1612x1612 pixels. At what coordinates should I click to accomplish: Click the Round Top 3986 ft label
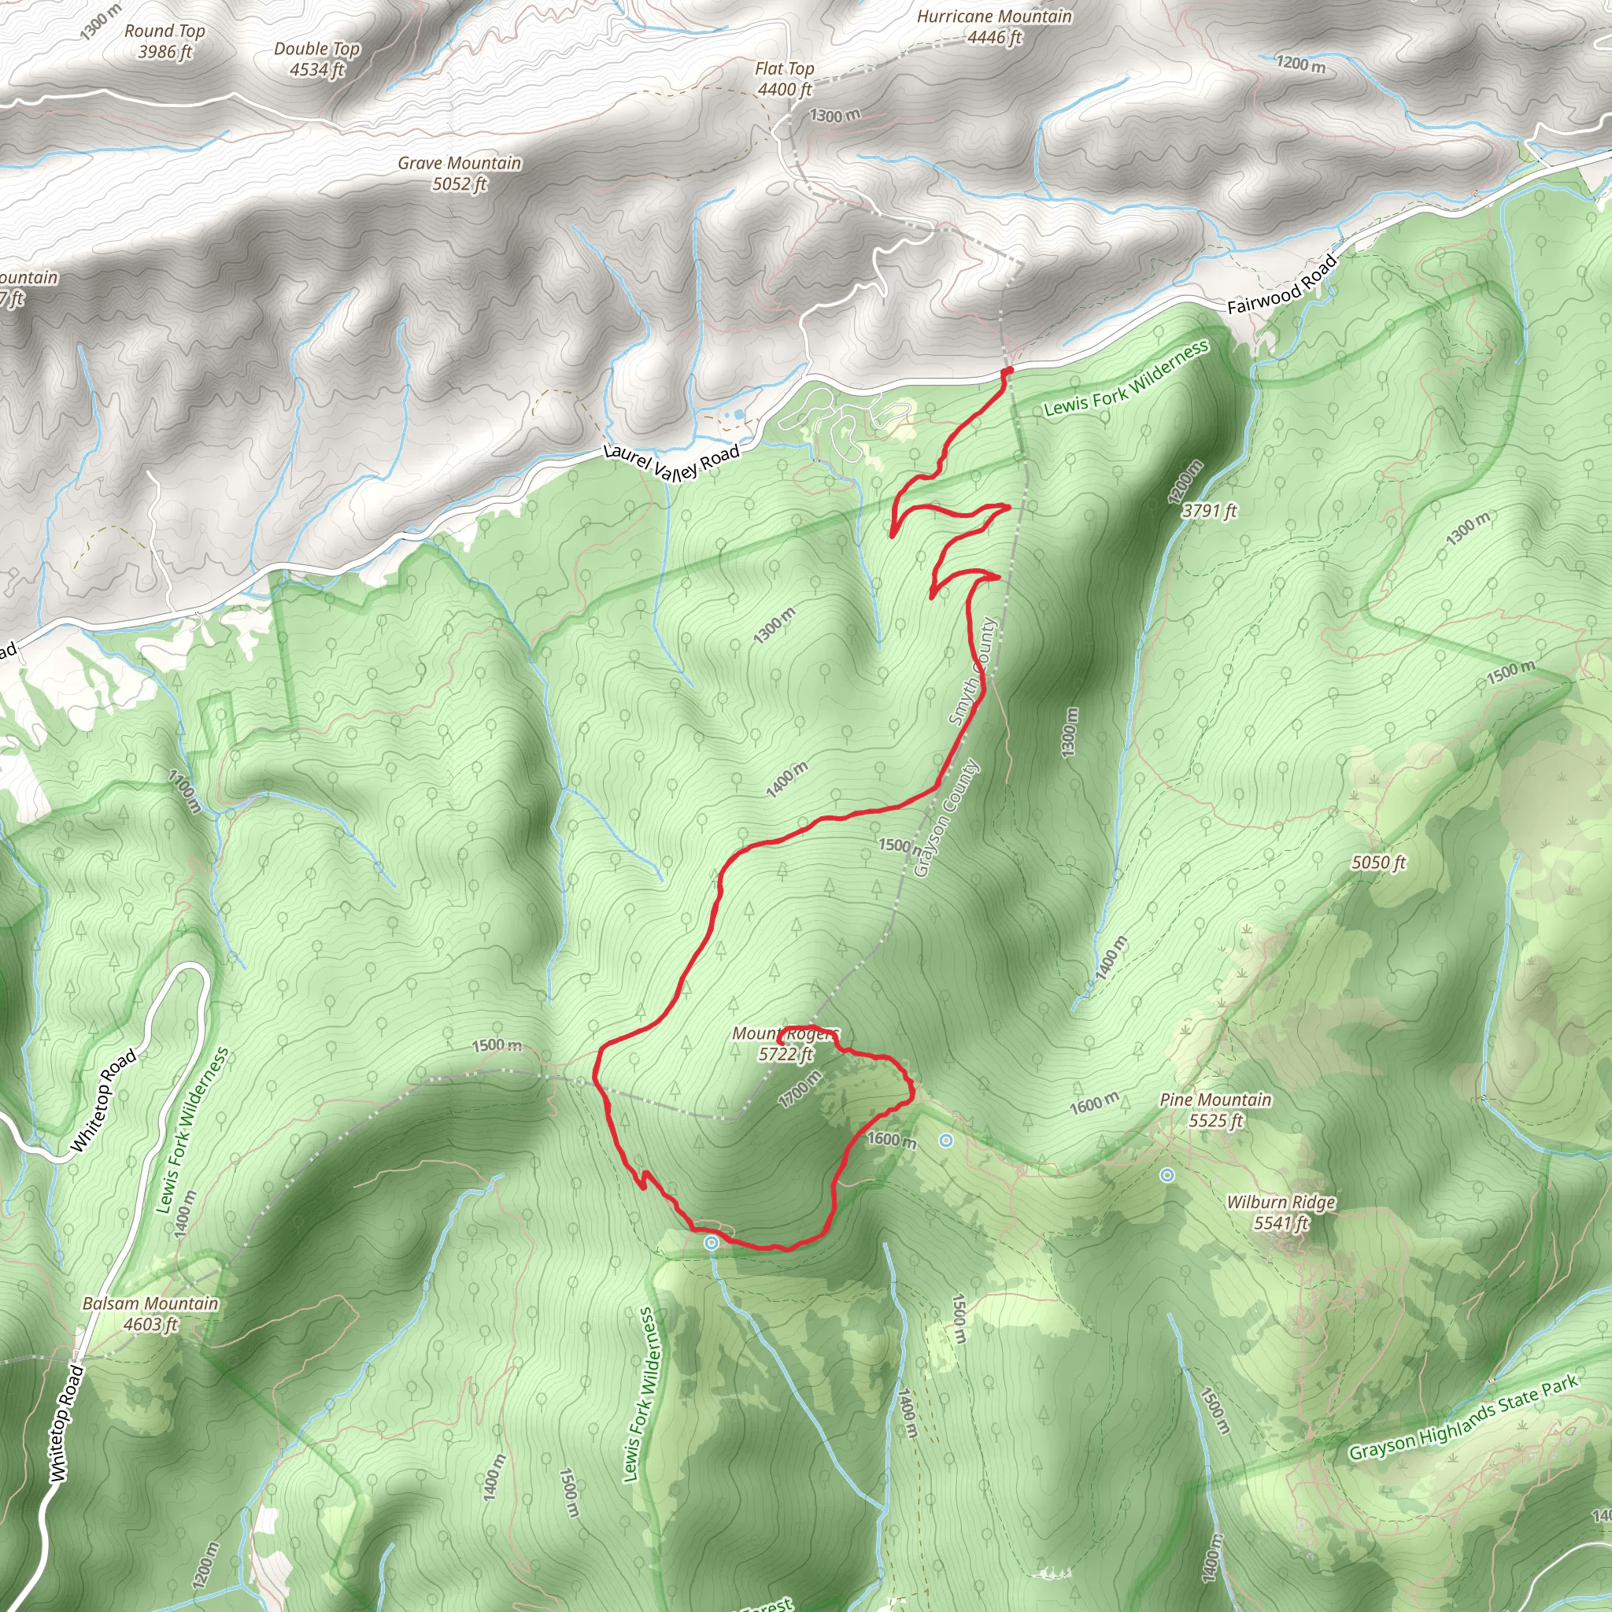(x=165, y=42)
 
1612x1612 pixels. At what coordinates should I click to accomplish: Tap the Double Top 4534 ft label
(x=317, y=59)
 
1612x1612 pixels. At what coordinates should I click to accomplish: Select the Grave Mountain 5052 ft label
(x=459, y=173)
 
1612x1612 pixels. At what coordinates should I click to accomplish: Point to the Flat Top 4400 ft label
(x=784, y=79)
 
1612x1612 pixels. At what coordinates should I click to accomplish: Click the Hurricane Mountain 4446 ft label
(x=995, y=27)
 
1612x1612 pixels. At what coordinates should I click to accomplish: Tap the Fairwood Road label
(x=1281, y=284)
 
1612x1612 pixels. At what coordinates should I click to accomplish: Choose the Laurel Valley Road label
(x=671, y=461)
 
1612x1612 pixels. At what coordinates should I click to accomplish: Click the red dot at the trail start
(x=1007, y=371)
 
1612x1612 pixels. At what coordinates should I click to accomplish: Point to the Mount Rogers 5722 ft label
(x=784, y=1044)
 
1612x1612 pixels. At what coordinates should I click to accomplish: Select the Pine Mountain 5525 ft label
(x=1215, y=1110)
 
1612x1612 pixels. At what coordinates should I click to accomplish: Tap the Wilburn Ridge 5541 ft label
(x=1281, y=1212)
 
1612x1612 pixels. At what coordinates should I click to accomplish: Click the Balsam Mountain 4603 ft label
(x=151, y=1314)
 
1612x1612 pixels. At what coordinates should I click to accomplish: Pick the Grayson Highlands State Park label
(x=1463, y=1418)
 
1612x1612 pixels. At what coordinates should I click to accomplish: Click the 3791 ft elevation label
(x=1209, y=511)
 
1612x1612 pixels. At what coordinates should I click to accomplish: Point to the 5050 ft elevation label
(x=1378, y=863)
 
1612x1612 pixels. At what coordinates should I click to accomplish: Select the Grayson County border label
(x=946, y=818)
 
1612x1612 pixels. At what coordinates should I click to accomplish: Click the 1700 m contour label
(x=800, y=1089)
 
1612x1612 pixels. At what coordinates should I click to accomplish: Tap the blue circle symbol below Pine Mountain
(x=1167, y=1176)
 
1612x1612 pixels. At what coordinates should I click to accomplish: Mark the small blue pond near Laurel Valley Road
(x=738, y=415)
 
